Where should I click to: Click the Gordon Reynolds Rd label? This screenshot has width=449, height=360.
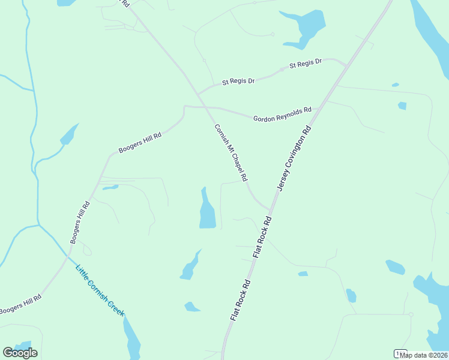[282, 115]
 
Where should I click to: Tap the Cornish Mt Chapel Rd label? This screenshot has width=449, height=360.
[231, 153]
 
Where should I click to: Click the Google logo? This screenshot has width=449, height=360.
[20, 353]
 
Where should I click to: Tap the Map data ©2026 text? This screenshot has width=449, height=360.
[423, 355]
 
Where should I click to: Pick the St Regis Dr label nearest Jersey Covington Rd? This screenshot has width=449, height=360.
[306, 63]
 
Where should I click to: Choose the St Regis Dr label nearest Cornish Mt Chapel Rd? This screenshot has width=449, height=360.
[238, 80]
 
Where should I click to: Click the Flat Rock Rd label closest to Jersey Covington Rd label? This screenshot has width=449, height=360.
[262, 238]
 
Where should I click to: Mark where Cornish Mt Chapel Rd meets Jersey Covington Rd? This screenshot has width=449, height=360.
[270, 209]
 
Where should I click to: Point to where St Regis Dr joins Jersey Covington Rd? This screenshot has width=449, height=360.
[348, 65]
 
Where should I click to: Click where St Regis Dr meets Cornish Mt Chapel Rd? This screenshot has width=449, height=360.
[198, 94]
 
